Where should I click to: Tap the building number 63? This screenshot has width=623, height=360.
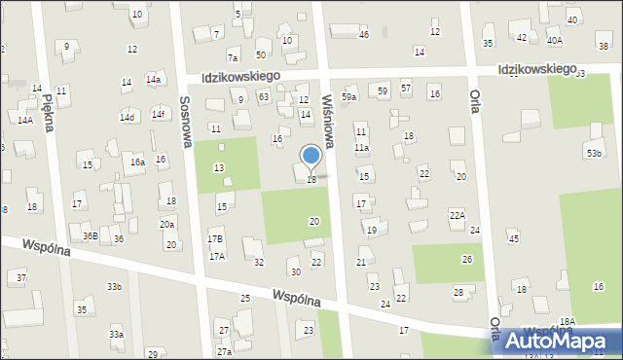(x=263, y=96)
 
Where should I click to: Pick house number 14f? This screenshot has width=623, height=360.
(x=158, y=114)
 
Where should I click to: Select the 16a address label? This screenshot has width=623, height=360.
(x=138, y=162)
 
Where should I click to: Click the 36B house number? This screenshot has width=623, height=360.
(x=90, y=235)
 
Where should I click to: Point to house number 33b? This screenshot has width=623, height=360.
(x=115, y=286)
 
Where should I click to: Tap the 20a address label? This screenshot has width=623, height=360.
(x=167, y=225)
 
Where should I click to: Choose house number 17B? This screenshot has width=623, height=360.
(x=215, y=238)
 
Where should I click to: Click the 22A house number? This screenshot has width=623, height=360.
(x=457, y=215)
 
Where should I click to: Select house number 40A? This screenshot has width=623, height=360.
(x=555, y=41)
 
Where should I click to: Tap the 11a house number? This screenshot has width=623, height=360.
(x=361, y=148)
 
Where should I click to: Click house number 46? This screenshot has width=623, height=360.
(x=364, y=35)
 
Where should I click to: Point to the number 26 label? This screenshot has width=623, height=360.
(x=466, y=259)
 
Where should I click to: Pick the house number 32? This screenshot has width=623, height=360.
(x=259, y=263)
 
